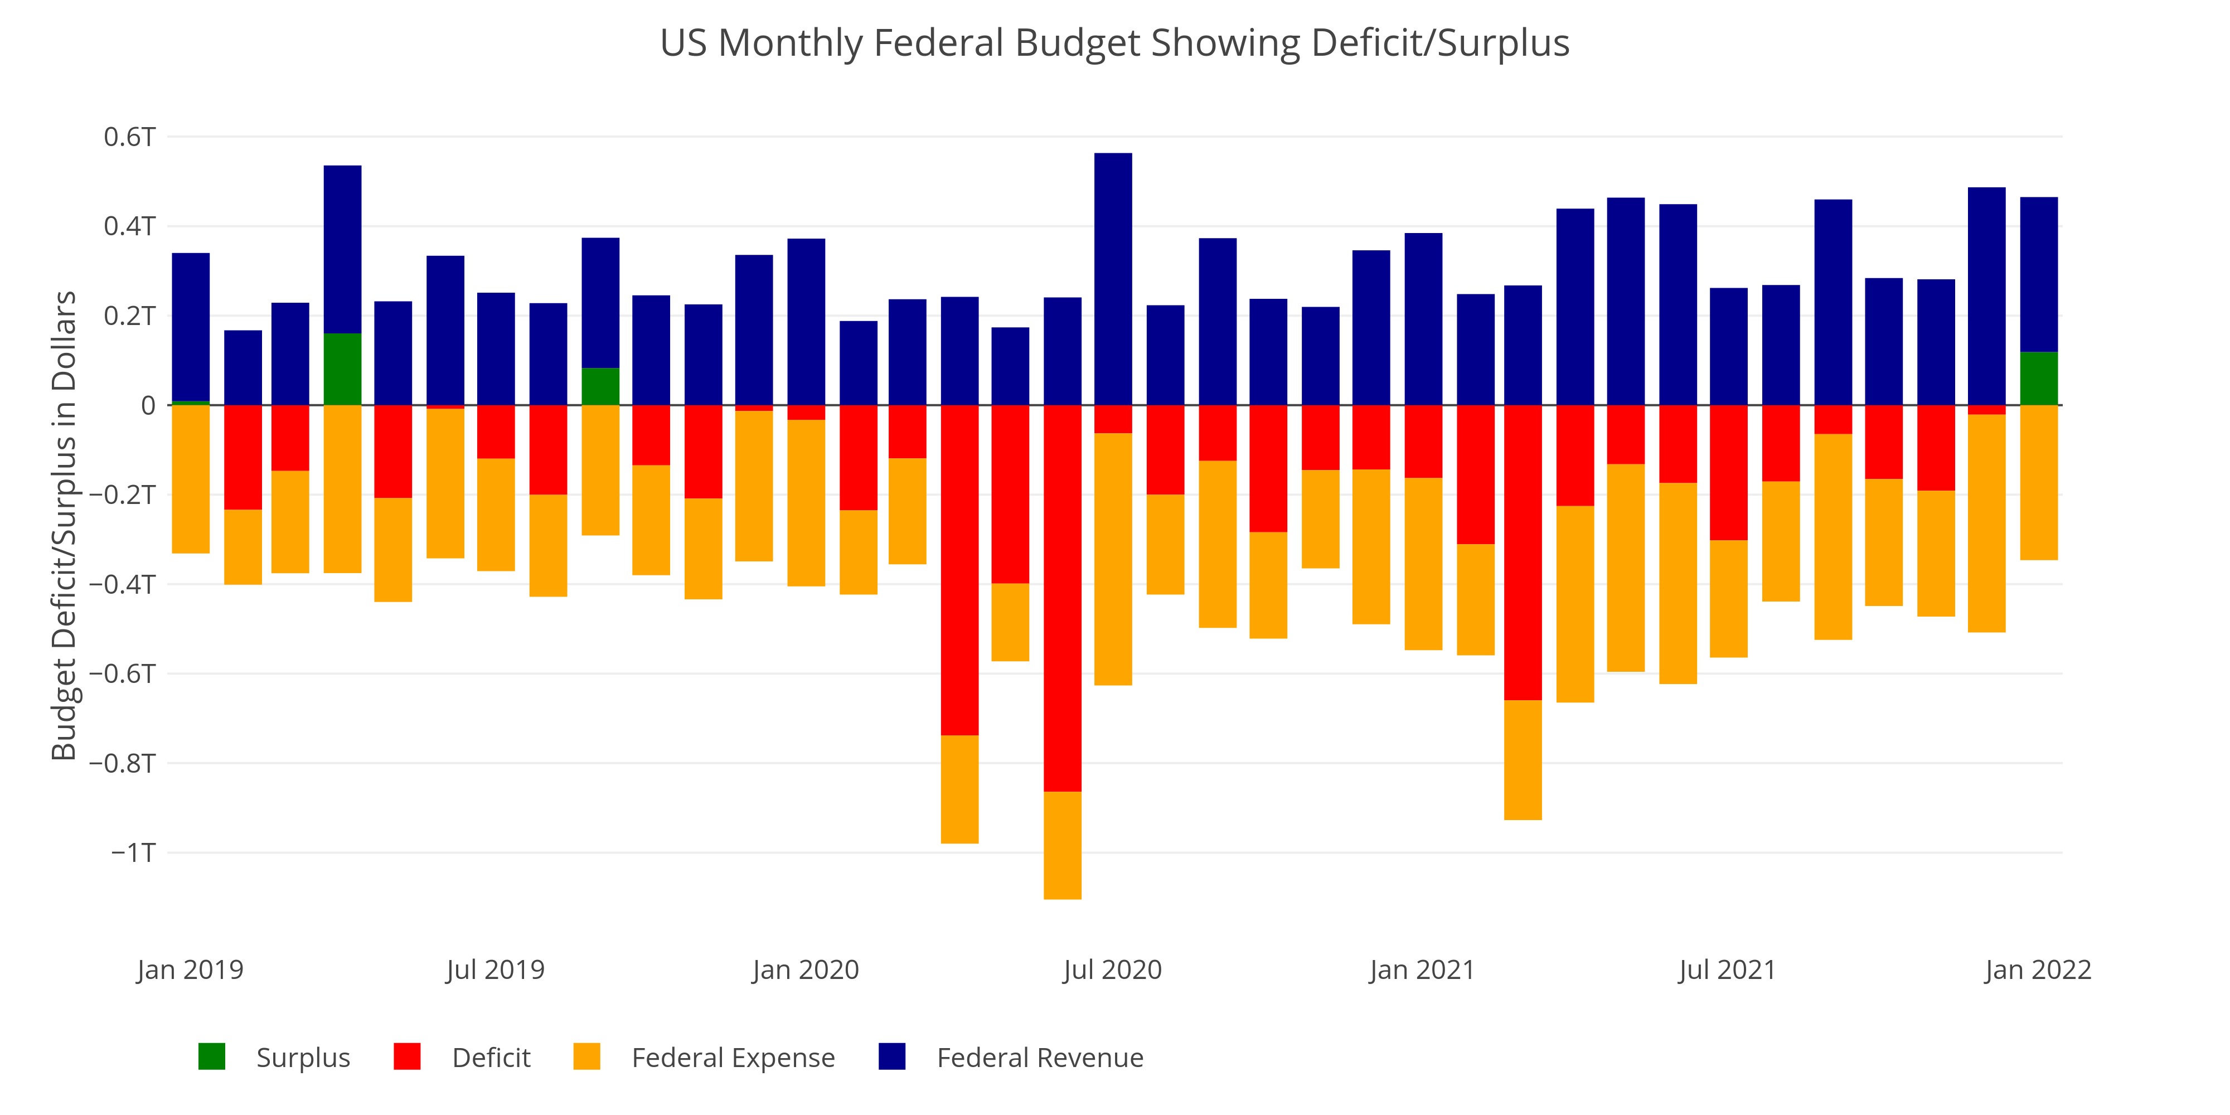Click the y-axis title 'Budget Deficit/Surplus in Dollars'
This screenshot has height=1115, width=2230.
64,526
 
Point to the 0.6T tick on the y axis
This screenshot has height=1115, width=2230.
130,137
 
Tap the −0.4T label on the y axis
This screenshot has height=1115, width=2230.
123,584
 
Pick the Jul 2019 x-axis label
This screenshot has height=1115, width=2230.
495,969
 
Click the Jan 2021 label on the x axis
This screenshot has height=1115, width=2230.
1422,969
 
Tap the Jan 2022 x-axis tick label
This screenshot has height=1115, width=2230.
2038,969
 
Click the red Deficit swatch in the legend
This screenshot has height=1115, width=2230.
407,1057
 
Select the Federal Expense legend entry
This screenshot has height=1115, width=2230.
733,1058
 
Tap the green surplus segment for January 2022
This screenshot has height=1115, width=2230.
2039,379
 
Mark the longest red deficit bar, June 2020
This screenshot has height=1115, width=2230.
1062,597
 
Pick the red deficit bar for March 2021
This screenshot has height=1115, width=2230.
1523,552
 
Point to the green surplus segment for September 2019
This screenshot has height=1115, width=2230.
600,387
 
